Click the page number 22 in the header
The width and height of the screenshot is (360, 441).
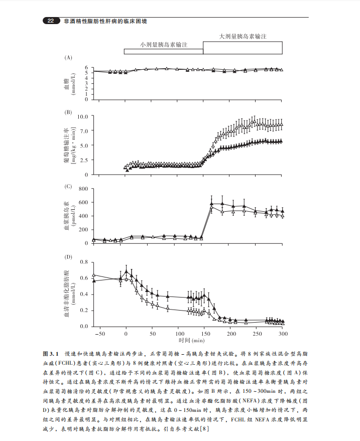pyautogui.click(x=51, y=21)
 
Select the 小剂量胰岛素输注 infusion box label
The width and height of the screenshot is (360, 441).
pyautogui.click(x=164, y=45)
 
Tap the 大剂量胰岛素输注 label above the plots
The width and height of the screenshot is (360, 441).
pyautogui.click(x=243, y=37)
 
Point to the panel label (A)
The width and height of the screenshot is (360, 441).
pyautogui.click(x=68, y=58)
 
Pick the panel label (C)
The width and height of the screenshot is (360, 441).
pyautogui.click(x=68, y=186)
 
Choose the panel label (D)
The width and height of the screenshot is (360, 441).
pyautogui.click(x=68, y=256)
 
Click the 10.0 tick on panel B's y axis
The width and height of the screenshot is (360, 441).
pyautogui.click(x=82, y=116)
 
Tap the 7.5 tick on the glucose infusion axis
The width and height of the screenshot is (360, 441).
pyautogui.click(x=83, y=131)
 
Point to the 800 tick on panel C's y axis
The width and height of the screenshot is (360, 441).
pyautogui.click(x=83, y=189)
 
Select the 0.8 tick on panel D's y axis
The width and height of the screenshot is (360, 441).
pyautogui.click(x=83, y=262)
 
